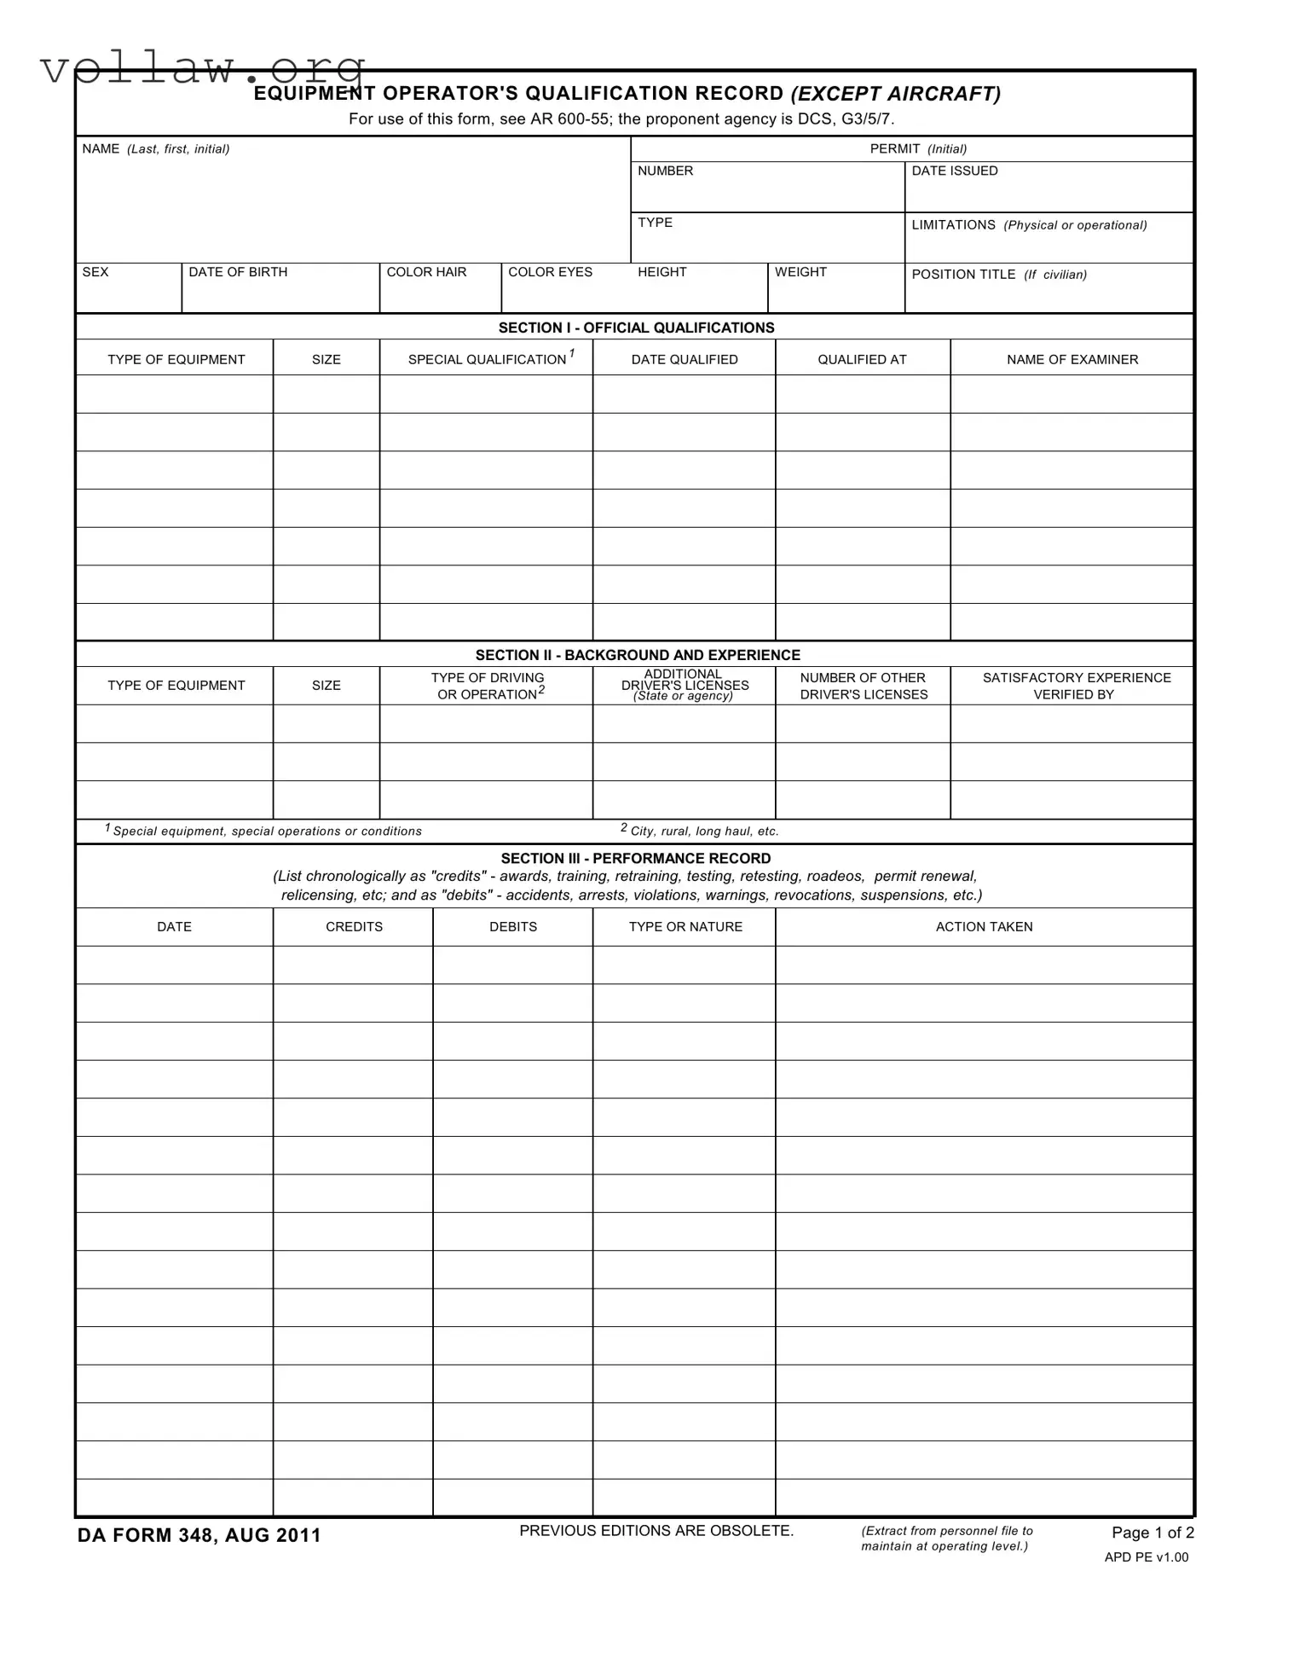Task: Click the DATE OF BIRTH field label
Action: [x=238, y=272]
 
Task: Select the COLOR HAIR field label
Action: [x=426, y=272]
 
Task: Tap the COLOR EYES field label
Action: [x=550, y=272]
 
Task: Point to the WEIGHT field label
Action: [x=800, y=272]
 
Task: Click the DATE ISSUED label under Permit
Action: [x=955, y=171]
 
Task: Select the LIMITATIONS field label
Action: [x=1029, y=225]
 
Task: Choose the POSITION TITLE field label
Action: [x=999, y=275]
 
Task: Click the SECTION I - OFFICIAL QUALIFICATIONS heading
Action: [x=636, y=327]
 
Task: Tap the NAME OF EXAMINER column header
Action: [x=1072, y=360]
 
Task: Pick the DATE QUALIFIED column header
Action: [x=685, y=360]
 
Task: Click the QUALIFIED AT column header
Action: [x=862, y=360]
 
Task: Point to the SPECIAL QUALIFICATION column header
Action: [x=488, y=360]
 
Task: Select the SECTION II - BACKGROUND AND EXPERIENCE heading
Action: [x=638, y=655]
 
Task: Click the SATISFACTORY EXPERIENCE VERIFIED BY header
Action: [x=1076, y=686]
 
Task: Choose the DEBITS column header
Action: [x=513, y=927]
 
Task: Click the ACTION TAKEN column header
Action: [x=984, y=927]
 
